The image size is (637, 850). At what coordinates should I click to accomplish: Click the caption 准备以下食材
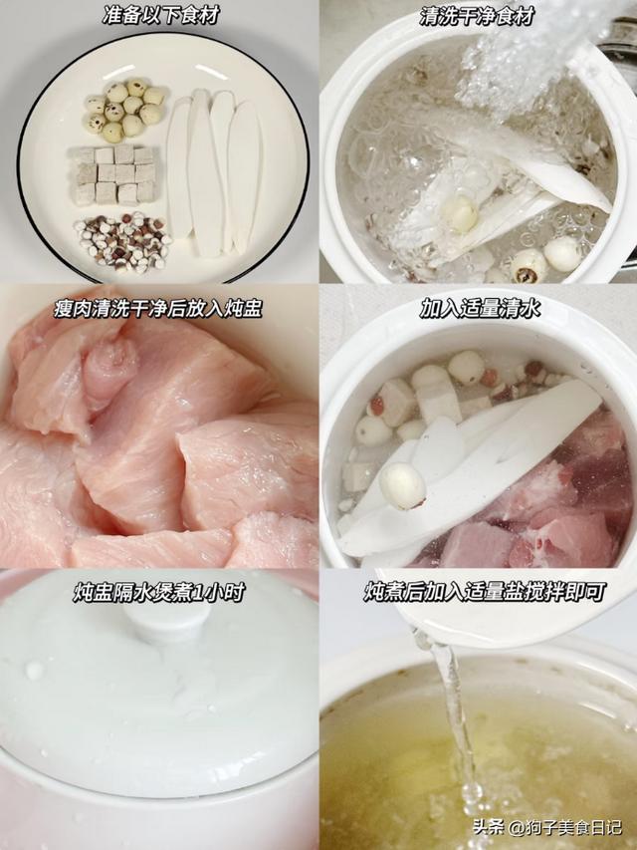coord(160,16)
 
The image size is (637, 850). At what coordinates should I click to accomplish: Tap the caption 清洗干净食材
coord(477,16)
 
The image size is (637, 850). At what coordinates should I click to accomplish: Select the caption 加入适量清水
coord(480,309)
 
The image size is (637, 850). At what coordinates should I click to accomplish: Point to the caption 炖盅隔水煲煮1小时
coord(158,592)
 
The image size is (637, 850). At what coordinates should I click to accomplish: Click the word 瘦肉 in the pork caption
coord(73,309)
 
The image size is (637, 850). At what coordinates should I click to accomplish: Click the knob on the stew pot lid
coord(166,622)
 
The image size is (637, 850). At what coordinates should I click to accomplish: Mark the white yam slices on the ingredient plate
coord(213,170)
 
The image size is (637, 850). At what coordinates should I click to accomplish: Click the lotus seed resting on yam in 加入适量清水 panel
coord(402,485)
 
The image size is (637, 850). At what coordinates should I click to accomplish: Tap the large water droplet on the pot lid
coord(34,670)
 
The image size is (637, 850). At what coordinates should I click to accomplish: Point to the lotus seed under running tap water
coord(460,213)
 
